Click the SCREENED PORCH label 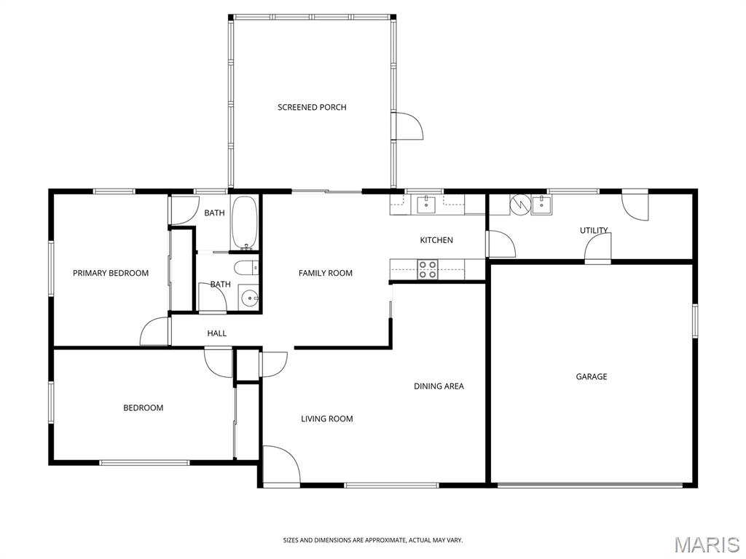coord(312,108)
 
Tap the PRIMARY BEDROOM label coord(111,273)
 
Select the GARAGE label coord(592,376)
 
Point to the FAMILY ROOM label coord(326,273)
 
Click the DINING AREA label coord(439,386)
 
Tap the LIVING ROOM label coord(327,419)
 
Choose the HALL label coord(216,333)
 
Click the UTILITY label coord(594,230)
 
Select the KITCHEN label coord(436,240)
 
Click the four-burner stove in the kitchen coord(428,269)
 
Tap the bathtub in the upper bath coord(245,223)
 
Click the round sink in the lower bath coord(249,298)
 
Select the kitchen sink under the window coord(426,205)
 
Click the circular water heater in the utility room coord(520,205)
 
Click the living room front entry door coord(281,464)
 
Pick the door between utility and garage coord(598,249)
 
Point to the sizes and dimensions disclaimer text coord(373,541)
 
